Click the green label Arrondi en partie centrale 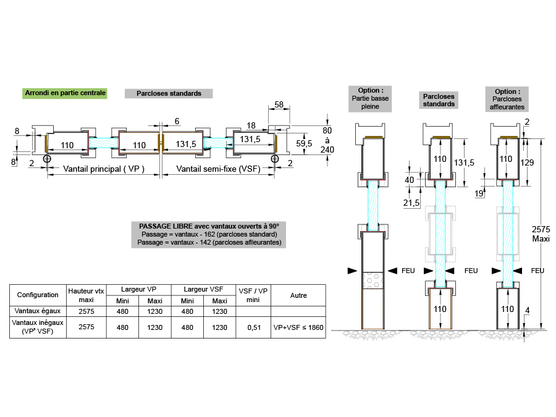point(65,93)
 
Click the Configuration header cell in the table point(38,295)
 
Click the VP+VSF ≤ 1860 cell point(298,327)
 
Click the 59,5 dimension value point(303,144)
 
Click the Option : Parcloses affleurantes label point(507,98)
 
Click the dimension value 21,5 point(411,203)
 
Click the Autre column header point(298,295)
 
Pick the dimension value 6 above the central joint point(177,120)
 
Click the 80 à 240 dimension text point(327,140)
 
